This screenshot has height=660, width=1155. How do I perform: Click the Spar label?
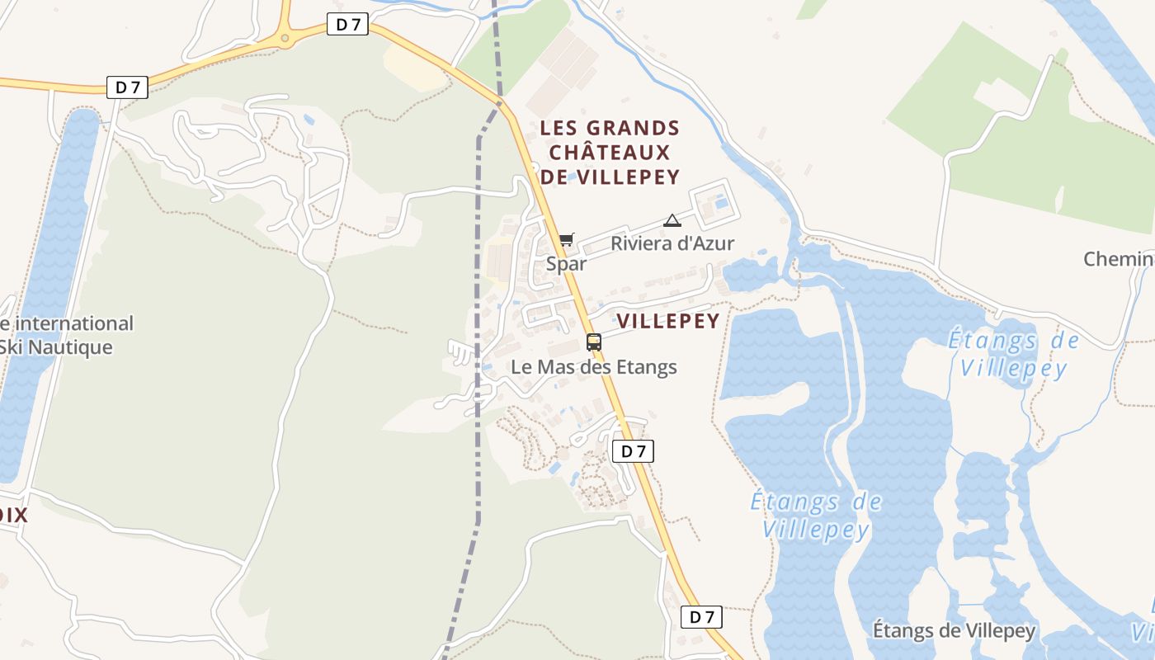(x=566, y=264)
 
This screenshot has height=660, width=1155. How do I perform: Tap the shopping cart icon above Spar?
(x=566, y=240)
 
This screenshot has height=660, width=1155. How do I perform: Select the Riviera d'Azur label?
(x=672, y=243)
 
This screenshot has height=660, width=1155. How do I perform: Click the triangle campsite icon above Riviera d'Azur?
(x=672, y=220)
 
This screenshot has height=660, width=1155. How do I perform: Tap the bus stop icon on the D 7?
(x=594, y=342)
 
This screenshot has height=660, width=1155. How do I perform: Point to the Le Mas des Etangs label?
(x=594, y=367)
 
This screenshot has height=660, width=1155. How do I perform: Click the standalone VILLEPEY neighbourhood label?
(x=668, y=321)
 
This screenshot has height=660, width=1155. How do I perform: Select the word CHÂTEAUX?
(x=610, y=153)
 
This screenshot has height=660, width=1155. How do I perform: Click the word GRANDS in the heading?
(x=633, y=129)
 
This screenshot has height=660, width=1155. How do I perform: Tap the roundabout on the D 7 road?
(x=285, y=37)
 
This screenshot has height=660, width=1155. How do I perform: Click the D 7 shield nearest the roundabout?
(x=349, y=25)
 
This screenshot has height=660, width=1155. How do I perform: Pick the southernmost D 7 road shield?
(x=701, y=617)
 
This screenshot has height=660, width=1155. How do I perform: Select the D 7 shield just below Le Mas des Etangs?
(x=633, y=451)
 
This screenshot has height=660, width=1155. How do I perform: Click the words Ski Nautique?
(x=55, y=347)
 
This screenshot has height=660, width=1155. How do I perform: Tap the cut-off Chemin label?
(x=1119, y=259)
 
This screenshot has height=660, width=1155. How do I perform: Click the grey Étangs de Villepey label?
(x=954, y=631)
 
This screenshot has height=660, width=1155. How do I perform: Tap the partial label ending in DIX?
(x=13, y=516)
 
